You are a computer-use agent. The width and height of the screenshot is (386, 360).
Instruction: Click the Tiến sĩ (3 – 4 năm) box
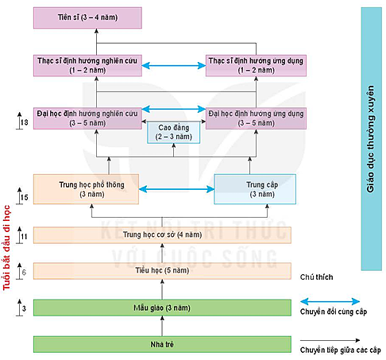[87, 17]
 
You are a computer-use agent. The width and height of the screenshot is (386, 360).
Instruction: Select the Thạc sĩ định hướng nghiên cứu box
[87, 65]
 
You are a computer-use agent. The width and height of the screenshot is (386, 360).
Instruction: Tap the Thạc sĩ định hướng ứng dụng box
[256, 65]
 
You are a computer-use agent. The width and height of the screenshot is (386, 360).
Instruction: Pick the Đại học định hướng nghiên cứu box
[87, 118]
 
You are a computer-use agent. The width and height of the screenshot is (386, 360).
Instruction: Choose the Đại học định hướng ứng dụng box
[256, 118]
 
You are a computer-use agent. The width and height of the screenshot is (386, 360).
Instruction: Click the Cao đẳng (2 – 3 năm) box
[173, 133]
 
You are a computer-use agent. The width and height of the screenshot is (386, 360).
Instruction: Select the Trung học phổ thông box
[86, 189]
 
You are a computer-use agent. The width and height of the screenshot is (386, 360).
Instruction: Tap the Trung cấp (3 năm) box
[255, 189]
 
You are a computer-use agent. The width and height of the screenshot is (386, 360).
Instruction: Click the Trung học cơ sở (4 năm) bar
[162, 235]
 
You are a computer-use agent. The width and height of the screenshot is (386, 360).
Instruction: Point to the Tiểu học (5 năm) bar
[162, 271]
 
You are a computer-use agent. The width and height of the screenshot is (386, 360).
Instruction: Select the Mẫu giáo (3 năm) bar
[162, 308]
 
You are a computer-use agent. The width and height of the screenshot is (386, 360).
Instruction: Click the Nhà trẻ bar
[162, 344]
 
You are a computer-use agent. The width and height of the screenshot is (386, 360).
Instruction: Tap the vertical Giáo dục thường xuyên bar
[372, 139]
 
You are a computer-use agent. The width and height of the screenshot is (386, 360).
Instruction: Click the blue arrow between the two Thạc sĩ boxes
[174, 65]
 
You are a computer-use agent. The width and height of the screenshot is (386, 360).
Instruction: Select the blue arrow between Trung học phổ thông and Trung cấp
[176, 189]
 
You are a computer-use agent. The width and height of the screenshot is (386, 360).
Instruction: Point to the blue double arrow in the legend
[330, 301]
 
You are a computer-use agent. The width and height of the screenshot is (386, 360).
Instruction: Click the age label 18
[24, 122]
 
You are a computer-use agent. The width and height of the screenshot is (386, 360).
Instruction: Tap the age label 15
[24, 198]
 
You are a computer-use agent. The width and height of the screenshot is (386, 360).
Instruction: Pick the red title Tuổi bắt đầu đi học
[6, 248]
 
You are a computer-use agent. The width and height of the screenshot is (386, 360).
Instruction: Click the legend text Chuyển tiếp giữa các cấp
[341, 350]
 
